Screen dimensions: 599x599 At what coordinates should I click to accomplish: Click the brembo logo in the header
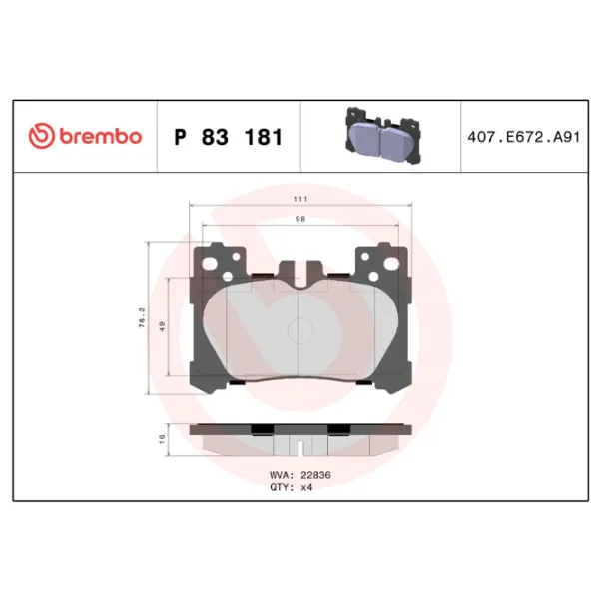click(85, 136)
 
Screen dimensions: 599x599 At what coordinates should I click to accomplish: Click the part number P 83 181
click(228, 137)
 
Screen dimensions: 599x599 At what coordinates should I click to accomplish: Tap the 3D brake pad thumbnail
click(383, 137)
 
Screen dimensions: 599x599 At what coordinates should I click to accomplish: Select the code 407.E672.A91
click(524, 137)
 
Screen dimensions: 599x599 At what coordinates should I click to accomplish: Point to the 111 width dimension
click(300, 199)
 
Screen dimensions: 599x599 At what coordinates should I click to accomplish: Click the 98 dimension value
click(300, 219)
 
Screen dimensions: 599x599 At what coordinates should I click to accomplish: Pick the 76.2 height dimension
click(142, 318)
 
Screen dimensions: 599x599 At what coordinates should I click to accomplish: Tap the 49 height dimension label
click(162, 327)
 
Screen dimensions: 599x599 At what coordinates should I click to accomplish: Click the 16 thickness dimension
click(162, 439)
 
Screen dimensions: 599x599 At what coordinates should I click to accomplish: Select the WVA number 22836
click(315, 475)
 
